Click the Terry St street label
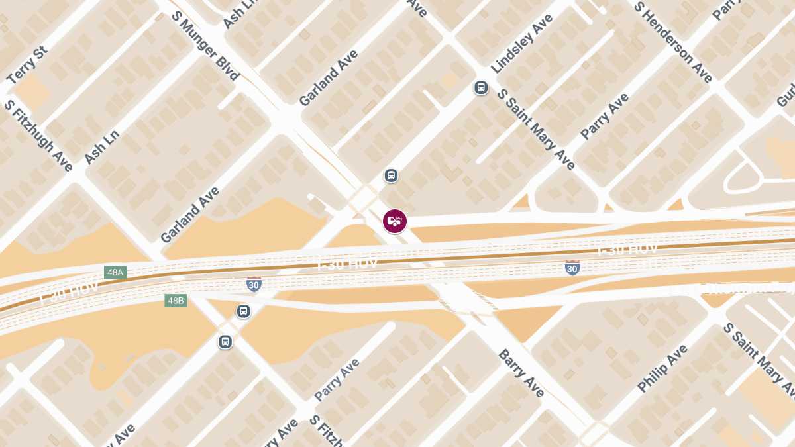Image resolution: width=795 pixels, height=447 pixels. [x=27, y=66]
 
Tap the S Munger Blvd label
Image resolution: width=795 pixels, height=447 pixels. [x=205, y=45]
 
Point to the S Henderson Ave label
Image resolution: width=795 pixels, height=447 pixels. [x=672, y=42]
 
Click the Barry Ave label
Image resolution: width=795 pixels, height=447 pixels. [x=521, y=373]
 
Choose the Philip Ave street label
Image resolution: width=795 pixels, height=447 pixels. [x=662, y=368]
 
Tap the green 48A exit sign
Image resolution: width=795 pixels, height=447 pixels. [x=115, y=272]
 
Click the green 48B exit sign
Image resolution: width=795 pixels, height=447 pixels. [x=176, y=301]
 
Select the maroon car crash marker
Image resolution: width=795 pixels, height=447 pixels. [x=395, y=221]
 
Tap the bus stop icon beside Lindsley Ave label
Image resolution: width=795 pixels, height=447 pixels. [x=481, y=87]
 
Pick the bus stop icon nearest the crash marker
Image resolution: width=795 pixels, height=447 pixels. [x=392, y=175]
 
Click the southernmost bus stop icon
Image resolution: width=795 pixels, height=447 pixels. [x=225, y=342]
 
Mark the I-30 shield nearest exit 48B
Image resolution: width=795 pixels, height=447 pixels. [x=254, y=284]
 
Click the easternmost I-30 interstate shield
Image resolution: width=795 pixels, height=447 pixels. [x=572, y=268]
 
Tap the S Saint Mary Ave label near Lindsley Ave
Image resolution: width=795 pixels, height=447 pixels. [x=536, y=129]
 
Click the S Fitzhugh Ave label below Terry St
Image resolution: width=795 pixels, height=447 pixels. [x=38, y=136]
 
